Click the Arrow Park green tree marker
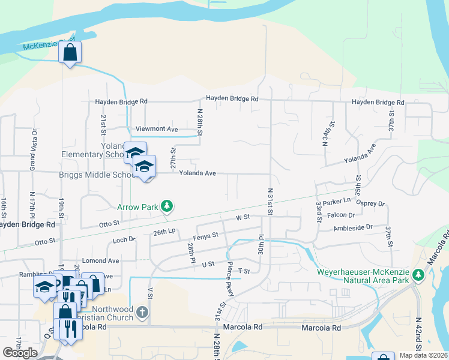167,207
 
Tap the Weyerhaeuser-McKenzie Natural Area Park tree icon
419,275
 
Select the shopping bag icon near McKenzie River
70,53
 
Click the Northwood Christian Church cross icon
142,312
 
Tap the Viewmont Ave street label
157,129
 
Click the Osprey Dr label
370,203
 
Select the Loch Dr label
124,239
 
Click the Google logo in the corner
20,353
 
